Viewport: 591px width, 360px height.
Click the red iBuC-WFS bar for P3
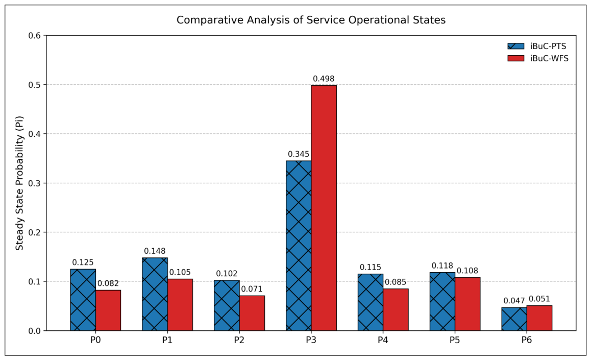324,208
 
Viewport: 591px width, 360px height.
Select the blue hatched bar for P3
299,246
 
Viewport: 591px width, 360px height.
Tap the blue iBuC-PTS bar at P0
83,300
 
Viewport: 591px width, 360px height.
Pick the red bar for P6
539,318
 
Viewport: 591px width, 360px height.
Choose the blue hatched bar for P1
155,295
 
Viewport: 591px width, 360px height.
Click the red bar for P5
467,304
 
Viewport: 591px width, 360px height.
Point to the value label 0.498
324,79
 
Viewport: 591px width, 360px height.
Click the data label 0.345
299,154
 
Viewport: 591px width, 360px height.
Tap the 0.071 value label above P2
252,289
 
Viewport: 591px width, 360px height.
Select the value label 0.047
514,301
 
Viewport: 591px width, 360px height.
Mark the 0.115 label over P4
371,267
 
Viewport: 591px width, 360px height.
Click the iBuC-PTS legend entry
537,46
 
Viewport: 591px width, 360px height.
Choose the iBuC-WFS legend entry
538,58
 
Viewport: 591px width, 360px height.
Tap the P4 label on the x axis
383,340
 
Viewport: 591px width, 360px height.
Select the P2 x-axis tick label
239,340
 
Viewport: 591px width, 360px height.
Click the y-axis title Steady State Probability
19,183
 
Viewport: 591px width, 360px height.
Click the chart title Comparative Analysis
311,20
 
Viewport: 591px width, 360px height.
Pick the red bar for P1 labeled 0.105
180,305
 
